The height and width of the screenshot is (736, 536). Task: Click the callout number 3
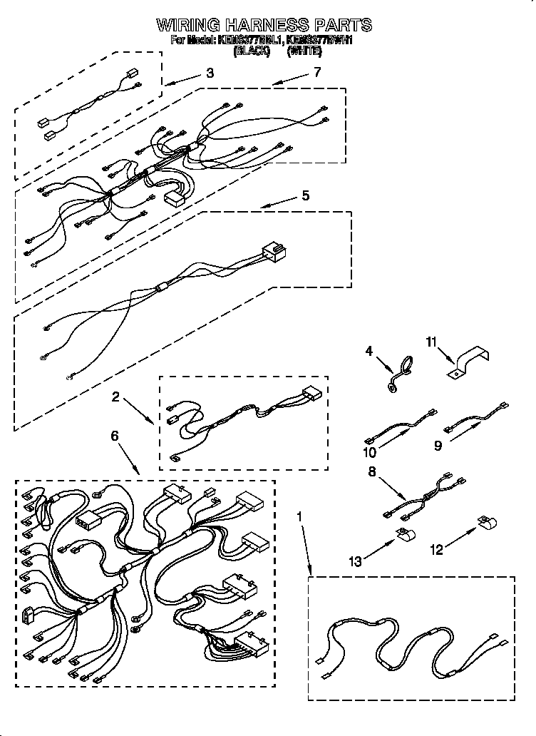(210, 72)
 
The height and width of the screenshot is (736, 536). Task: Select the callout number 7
(317, 71)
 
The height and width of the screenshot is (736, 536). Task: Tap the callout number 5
(305, 195)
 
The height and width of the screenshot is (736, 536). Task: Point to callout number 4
(369, 350)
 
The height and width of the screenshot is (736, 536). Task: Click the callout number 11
(430, 343)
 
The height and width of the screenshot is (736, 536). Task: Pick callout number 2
(115, 397)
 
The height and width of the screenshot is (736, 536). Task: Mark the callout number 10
(370, 452)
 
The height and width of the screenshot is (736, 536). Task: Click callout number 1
(300, 514)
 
